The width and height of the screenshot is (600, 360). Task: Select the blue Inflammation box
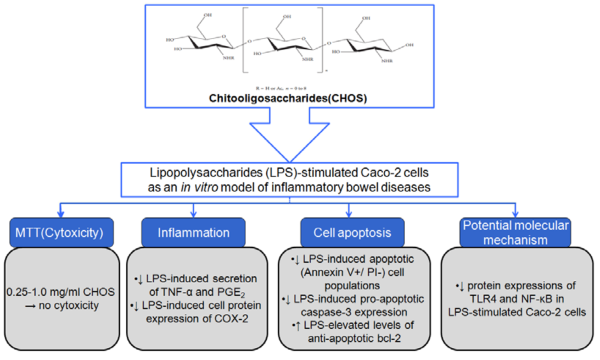click(193, 232)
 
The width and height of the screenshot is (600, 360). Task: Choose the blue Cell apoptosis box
click(352, 232)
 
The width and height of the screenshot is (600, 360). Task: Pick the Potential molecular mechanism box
click(515, 232)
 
